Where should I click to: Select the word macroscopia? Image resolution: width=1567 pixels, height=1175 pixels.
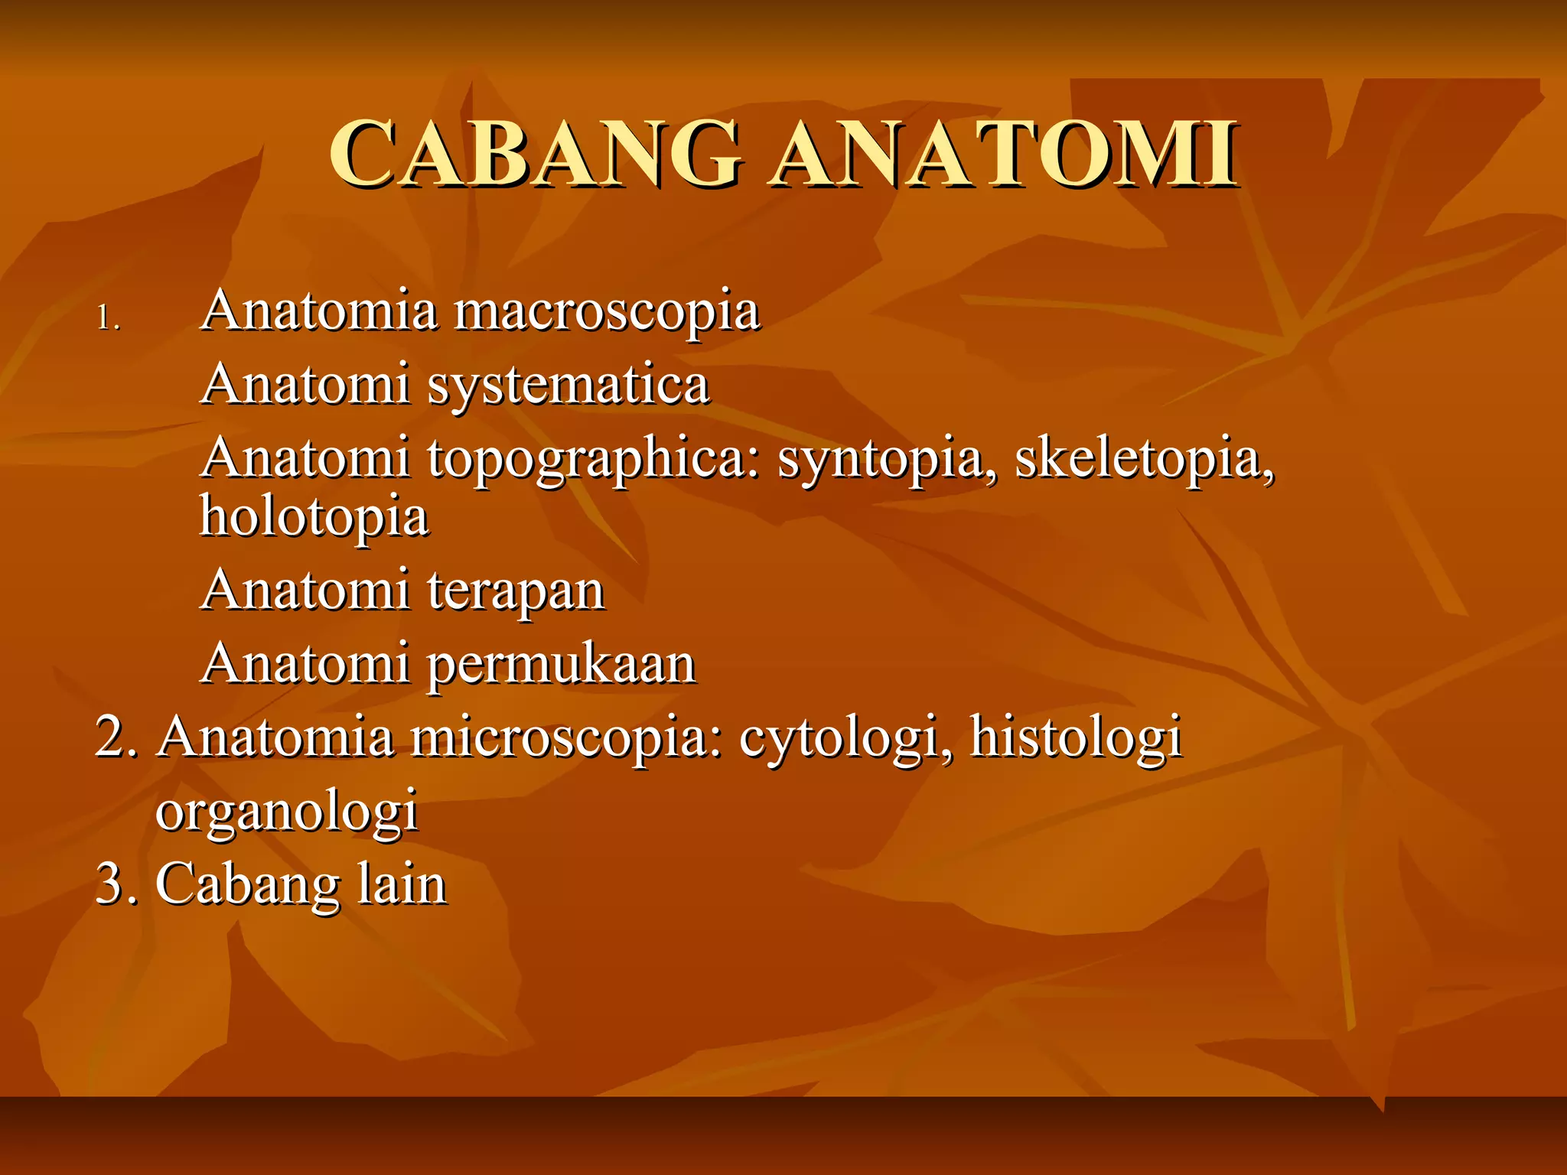[x=606, y=312]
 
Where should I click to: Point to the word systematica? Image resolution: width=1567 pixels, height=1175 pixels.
[x=568, y=386]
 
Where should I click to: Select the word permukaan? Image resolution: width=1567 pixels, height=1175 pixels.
[x=561, y=664]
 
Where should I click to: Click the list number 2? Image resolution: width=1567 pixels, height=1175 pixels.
[x=116, y=737]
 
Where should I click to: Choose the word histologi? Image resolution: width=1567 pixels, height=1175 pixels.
[x=1076, y=737]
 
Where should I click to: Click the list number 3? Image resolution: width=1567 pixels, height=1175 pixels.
[x=116, y=884]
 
